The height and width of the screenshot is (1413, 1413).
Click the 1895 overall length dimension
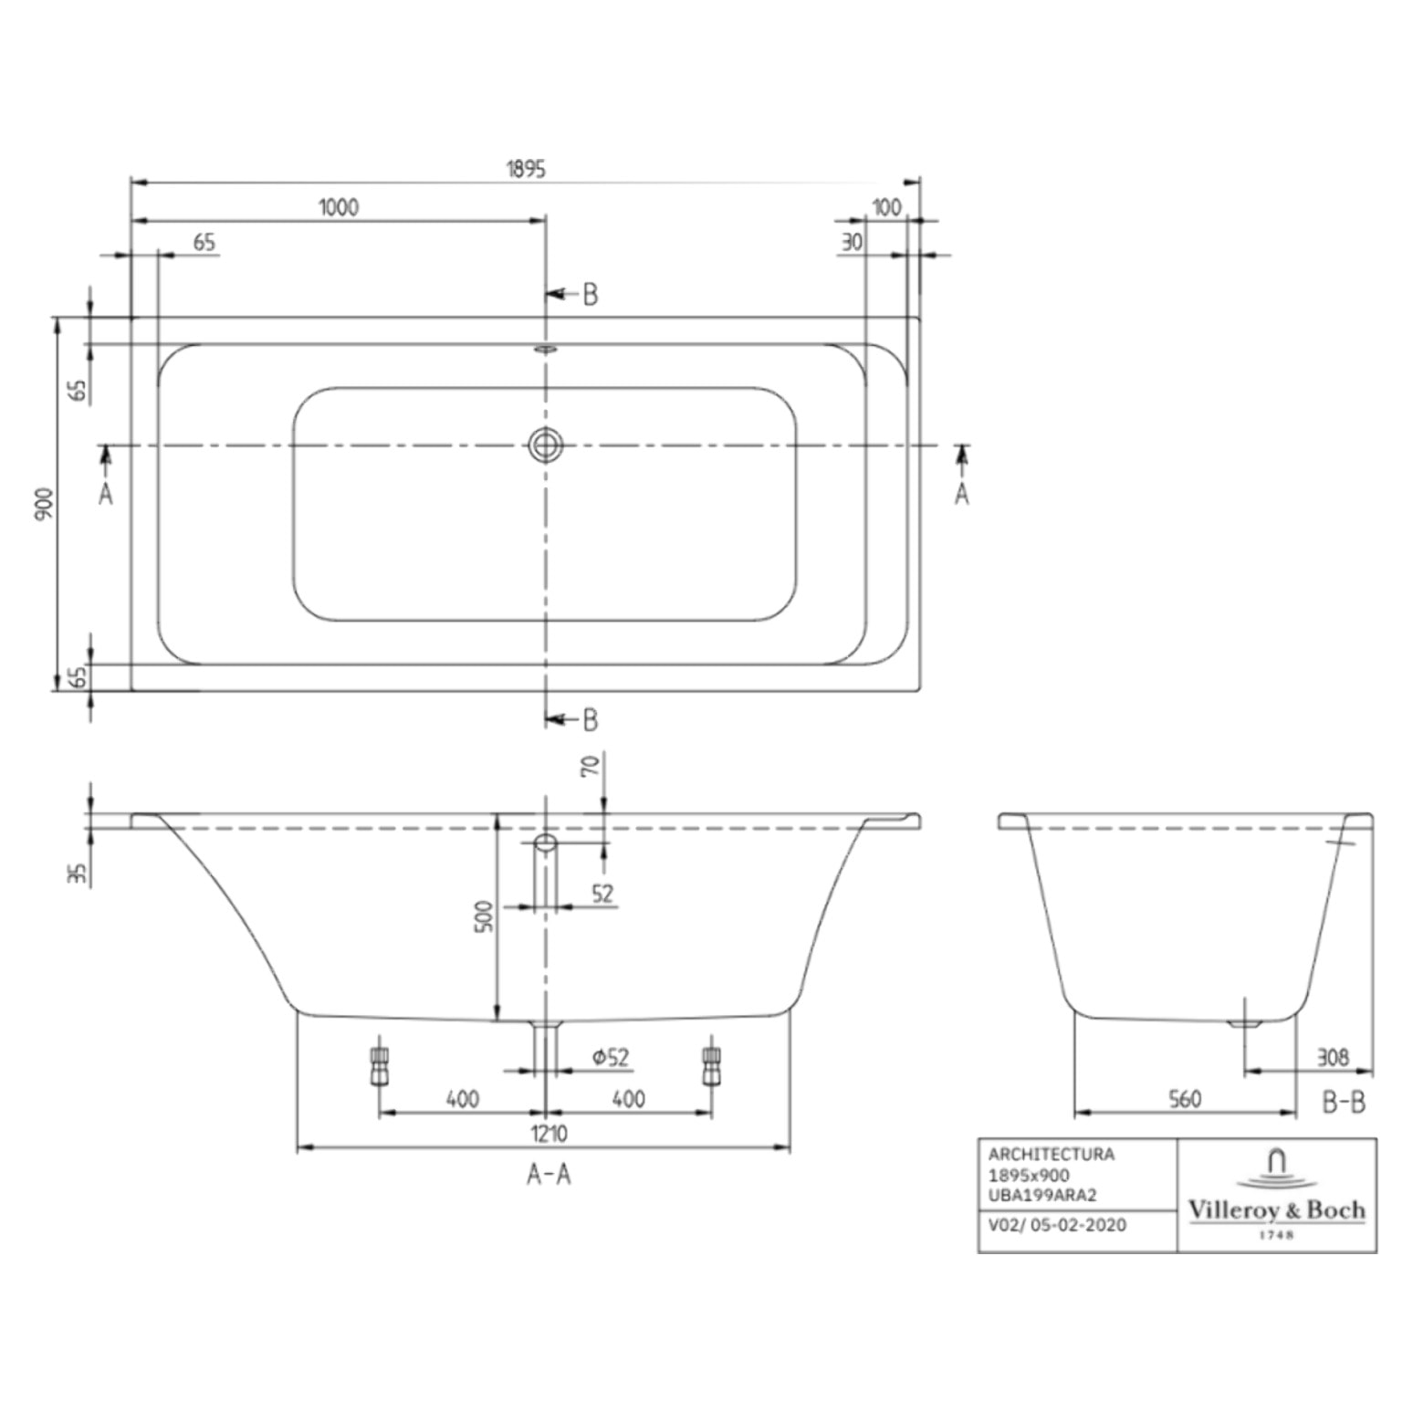pyautogui.click(x=526, y=169)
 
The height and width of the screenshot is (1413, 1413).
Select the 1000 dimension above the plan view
pyautogui.click(x=339, y=207)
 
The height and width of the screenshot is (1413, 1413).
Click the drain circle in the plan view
pyautogui.click(x=546, y=445)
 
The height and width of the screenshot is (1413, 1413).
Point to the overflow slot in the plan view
pyautogui.click(x=546, y=349)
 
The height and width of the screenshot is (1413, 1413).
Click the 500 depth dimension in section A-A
pyautogui.click(x=485, y=916)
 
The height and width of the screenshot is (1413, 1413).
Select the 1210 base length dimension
pyautogui.click(x=549, y=1133)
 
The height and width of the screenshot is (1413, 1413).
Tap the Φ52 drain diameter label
pyautogui.click(x=611, y=1057)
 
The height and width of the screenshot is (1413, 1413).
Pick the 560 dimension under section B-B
pyautogui.click(x=1185, y=1099)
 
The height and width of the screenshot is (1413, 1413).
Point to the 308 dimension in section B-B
pyautogui.click(x=1333, y=1057)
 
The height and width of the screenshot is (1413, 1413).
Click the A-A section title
pyautogui.click(x=549, y=1174)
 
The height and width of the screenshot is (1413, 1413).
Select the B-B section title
pyautogui.click(x=1344, y=1103)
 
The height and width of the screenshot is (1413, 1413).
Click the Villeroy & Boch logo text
pyautogui.click(x=1276, y=1210)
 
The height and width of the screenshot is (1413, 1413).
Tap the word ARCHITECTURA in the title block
pyautogui.click(x=1052, y=1155)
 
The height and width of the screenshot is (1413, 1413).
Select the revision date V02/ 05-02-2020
pyautogui.click(x=1057, y=1225)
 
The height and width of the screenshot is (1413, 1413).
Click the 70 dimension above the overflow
pyautogui.click(x=591, y=765)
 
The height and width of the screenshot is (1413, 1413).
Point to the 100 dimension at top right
pyautogui.click(x=886, y=207)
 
